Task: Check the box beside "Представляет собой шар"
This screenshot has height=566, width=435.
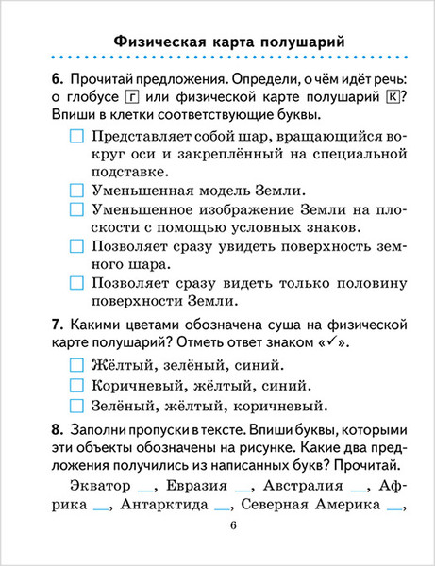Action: coord(76,137)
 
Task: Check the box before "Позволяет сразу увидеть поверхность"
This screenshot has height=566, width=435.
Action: coord(76,245)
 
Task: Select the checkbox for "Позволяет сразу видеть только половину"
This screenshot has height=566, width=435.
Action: coord(76,281)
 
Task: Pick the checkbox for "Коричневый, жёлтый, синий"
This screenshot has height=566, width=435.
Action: coord(76,386)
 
